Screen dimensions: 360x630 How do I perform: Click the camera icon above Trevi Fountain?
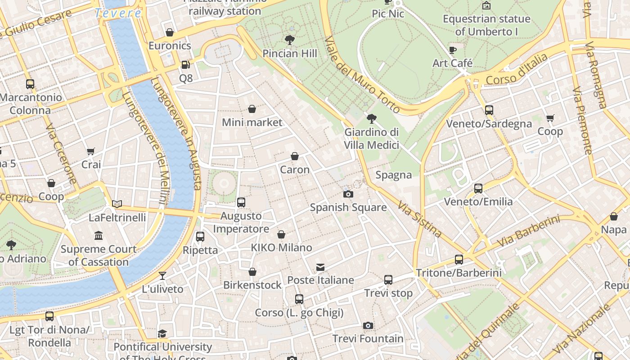[x=368, y=325]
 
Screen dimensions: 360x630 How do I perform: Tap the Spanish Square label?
[x=348, y=207]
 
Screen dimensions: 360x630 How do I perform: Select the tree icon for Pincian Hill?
[x=290, y=40]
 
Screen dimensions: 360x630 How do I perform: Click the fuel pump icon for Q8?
[x=185, y=65]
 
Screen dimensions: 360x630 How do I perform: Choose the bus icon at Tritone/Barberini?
[x=459, y=259]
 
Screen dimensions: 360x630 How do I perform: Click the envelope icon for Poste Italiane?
[x=320, y=267]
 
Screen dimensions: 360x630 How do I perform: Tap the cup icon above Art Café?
[x=453, y=49]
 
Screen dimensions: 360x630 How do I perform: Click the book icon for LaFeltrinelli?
[x=117, y=204]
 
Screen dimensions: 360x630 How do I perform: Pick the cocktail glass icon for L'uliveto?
[x=162, y=275]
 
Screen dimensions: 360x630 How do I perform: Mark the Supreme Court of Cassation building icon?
[x=99, y=235]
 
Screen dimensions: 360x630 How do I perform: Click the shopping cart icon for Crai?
[x=91, y=151]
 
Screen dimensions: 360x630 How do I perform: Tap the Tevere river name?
[x=118, y=13]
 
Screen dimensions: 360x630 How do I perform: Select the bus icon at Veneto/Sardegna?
[x=489, y=110]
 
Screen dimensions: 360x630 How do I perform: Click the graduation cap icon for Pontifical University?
[x=162, y=333]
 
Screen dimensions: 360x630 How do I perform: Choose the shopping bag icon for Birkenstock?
[x=252, y=272]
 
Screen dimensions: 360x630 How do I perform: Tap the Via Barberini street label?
[x=528, y=231]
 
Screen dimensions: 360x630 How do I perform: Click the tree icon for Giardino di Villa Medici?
[x=371, y=119]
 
